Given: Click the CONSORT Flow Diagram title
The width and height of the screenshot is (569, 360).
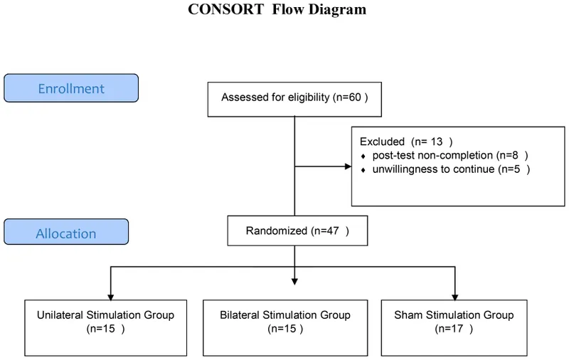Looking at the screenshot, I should [x=277, y=10].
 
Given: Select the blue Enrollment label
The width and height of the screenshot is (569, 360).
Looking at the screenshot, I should [x=71, y=89].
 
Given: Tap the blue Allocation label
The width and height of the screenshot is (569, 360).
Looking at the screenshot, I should [x=66, y=233].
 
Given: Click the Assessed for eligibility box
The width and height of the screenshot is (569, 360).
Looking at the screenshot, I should [x=294, y=97].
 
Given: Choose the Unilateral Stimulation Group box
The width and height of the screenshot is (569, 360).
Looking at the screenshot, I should [x=105, y=322].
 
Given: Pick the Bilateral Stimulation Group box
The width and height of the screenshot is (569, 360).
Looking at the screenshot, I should [x=285, y=322].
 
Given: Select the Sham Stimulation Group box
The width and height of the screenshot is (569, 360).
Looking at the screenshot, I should [x=453, y=322].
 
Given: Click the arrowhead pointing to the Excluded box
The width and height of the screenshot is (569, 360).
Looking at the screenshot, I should [x=348, y=167].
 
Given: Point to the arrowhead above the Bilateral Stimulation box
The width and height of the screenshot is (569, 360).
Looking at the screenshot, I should [x=294, y=282].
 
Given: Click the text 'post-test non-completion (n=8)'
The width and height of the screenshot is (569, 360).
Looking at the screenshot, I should [x=450, y=155].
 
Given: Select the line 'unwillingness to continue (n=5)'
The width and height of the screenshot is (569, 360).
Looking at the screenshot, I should [x=451, y=169].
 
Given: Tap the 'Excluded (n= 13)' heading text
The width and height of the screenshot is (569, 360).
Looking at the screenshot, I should [x=405, y=141].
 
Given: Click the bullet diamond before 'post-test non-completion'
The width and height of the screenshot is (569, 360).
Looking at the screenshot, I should [x=363, y=156].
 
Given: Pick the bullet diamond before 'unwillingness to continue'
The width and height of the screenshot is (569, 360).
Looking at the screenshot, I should [x=363, y=169].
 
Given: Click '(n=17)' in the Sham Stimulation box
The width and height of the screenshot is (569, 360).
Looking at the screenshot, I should [x=453, y=329].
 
